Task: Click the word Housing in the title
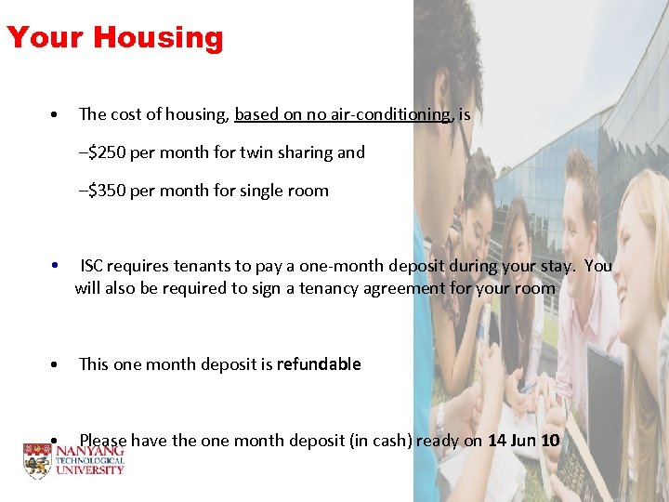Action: [158, 38]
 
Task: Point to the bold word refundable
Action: [318, 364]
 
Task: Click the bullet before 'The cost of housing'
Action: [58, 115]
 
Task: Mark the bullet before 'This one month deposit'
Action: [58, 364]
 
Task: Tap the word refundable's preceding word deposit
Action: [243, 364]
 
